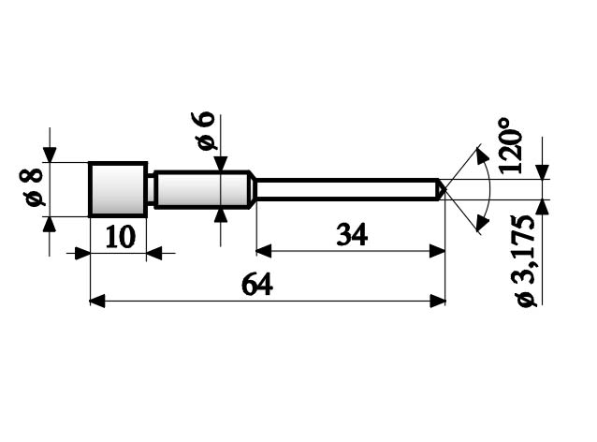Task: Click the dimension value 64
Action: coord(256,285)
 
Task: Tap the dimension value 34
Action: coord(352,235)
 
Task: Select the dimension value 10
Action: coord(119,236)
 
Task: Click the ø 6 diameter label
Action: coord(205,131)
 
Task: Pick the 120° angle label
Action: coord(510,145)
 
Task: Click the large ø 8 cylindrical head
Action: coord(118,189)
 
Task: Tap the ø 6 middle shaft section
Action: coord(201,189)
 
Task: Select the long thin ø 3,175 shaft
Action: coord(346,189)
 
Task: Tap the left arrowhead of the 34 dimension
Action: coord(263,251)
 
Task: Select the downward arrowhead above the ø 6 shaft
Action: coord(221,165)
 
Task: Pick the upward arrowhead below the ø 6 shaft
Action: coord(221,214)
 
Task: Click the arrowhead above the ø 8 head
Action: coord(50,155)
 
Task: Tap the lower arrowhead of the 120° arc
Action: coord(483,222)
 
